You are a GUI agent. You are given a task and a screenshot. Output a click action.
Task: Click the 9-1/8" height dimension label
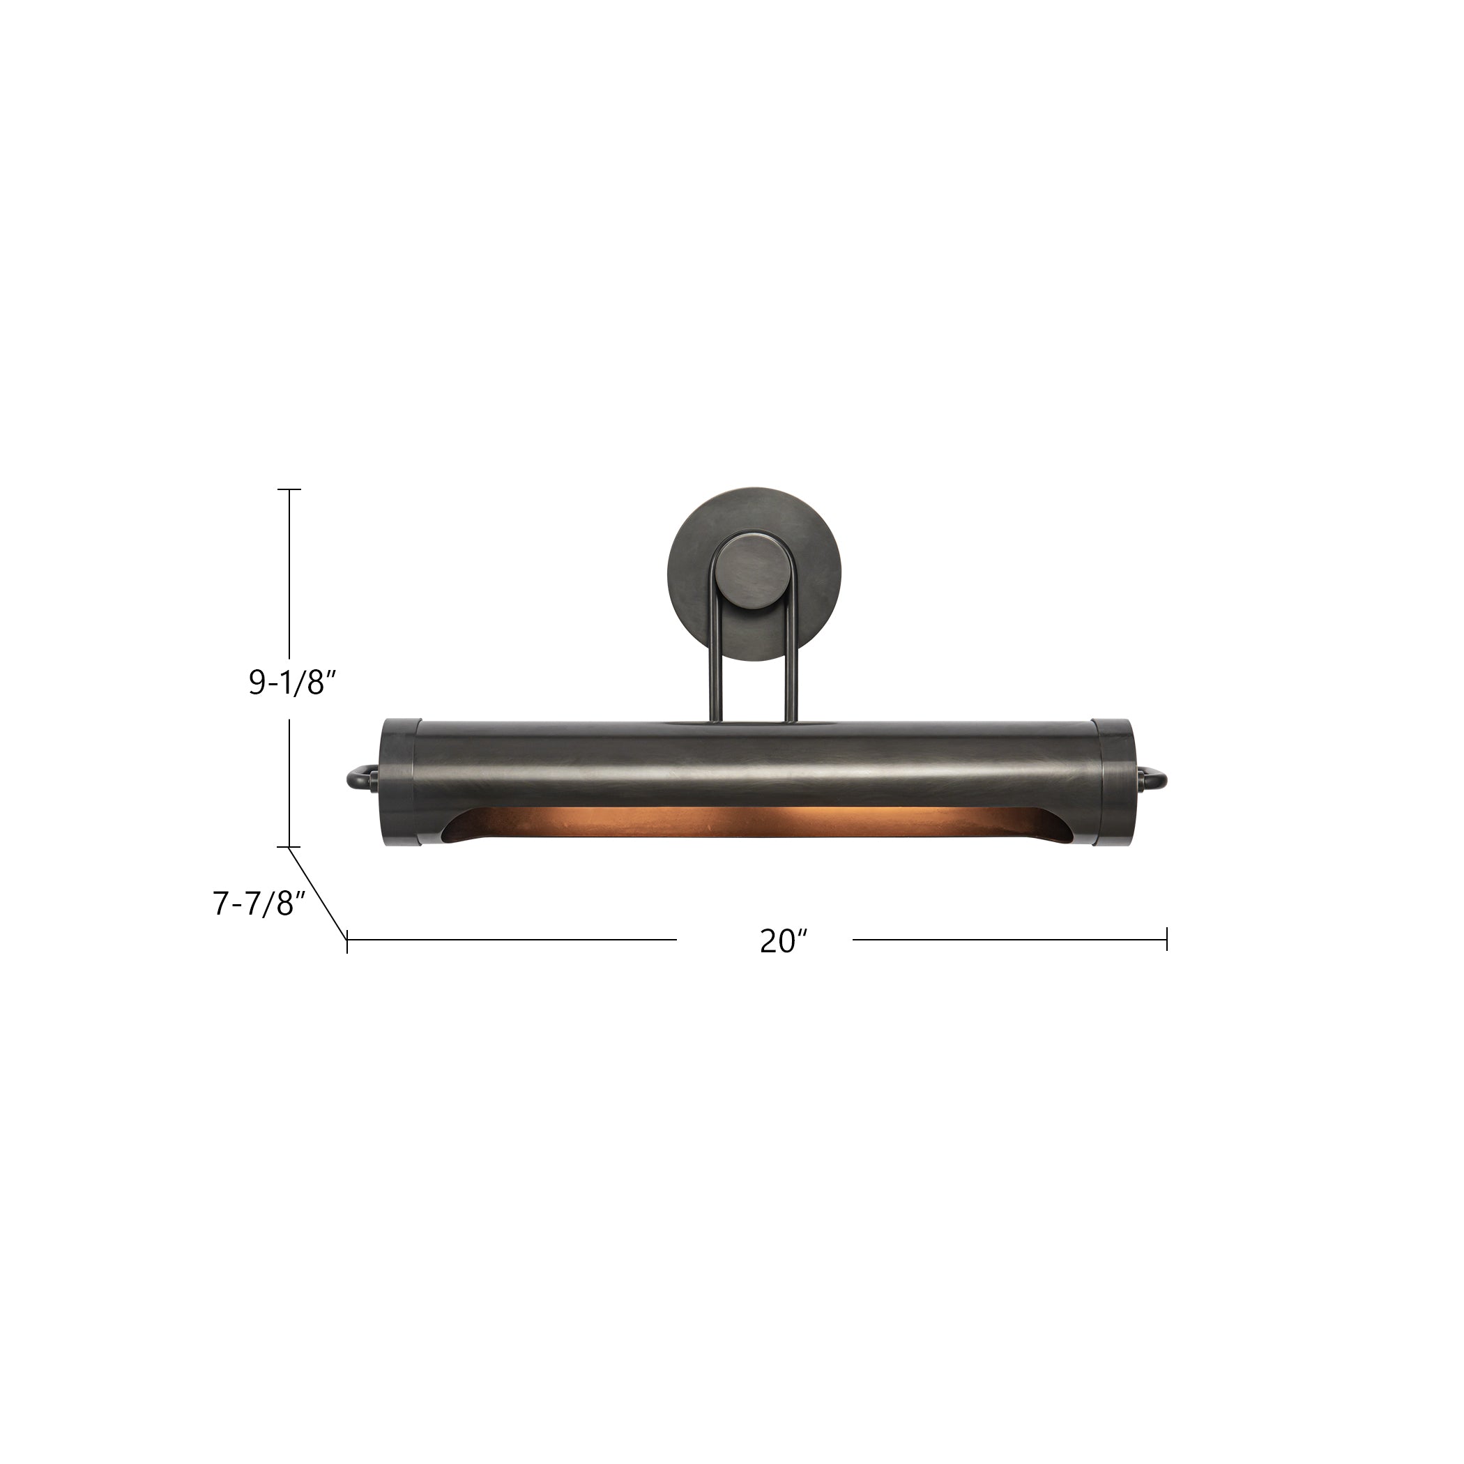tap(291, 683)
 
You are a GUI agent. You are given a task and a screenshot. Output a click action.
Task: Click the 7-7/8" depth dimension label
tap(259, 903)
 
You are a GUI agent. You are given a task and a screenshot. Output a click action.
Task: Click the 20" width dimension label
tap(784, 941)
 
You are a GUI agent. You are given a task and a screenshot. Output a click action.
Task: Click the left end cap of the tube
tap(398, 781)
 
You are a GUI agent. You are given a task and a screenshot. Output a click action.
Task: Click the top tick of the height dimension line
tap(289, 489)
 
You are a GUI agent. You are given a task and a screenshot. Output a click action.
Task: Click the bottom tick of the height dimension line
tap(289, 846)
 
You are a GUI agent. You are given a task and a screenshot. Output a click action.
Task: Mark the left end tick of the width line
tap(347, 940)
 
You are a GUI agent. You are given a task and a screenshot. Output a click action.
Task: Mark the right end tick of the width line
tap(1167, 940)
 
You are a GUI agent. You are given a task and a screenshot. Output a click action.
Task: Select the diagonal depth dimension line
tap(319, 894)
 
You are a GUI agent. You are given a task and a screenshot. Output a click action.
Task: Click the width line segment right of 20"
tap(1008, 940)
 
